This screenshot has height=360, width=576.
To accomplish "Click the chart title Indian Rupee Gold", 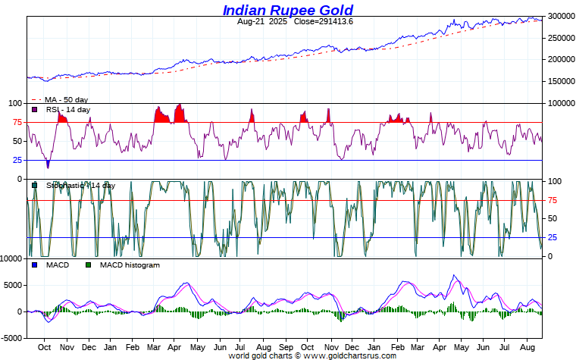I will click(x=287, y=10).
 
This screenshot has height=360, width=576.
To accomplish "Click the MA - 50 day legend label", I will click(x=67, y=100).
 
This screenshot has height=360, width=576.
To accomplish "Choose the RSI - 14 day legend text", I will click(x=67, y=110).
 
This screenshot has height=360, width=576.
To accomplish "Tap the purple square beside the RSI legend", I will click(x=34, y=110).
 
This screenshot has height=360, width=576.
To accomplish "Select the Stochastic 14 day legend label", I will click(x=80, y=185).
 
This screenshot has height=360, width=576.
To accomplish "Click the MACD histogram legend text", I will click(x=130, y=265).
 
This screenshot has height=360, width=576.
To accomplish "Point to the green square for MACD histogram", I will click(x=88, y=265).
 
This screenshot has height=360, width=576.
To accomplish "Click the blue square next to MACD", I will click(x=34, y=265).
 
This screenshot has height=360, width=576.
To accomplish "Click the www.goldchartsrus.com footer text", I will click(x=350, y=355).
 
